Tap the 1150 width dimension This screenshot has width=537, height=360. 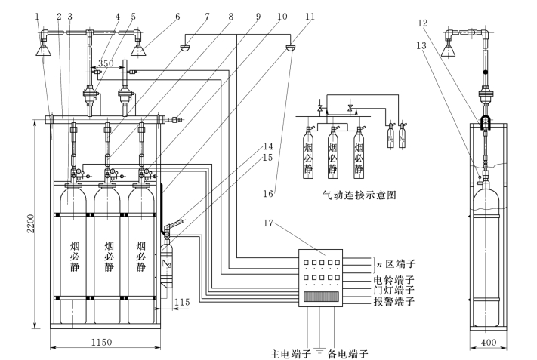102,342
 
